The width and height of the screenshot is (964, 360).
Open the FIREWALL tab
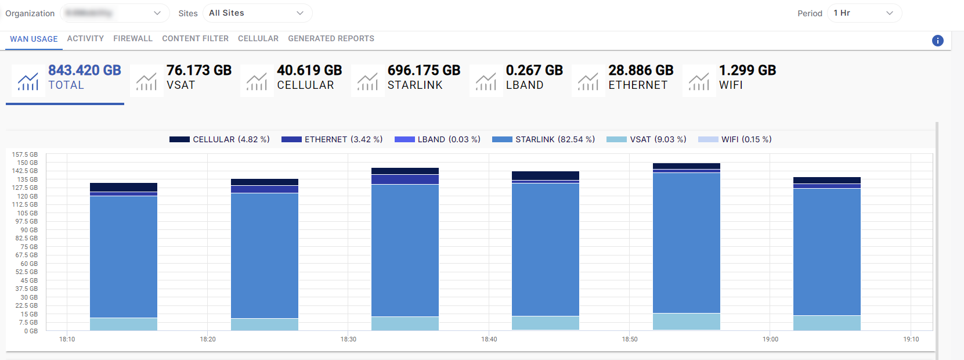(x=133, y=39)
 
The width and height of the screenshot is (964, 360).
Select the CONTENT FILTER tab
(x=195, y=39)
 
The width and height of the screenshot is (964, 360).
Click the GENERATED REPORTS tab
(x=331, y=39)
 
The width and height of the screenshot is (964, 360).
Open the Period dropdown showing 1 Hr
(x=864, y=13)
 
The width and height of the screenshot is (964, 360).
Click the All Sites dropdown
(x=257, y=13)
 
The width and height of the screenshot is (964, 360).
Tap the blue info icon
(x=937, y=41)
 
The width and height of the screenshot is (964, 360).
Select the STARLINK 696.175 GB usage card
(x=409, y=78)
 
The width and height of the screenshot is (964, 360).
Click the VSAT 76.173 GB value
(x=198, y=70)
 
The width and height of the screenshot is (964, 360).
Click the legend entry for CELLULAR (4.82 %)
(x=220, y=139)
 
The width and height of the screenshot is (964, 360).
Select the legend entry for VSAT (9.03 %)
(x=647, y=139)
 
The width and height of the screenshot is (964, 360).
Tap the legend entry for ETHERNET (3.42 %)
(x=332, y=139)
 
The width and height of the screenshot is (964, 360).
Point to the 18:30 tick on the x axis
(x=348, y=339)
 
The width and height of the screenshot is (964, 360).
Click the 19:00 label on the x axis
(x=770, y=339)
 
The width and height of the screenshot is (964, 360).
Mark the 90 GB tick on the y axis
(x=29, y=230)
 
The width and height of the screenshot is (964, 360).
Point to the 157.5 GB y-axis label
(x=25, y=154)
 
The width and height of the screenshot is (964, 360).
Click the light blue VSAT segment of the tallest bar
(x=686, y=321)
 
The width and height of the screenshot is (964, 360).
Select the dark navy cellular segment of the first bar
(x=124, y=187)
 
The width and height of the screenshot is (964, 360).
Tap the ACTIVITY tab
(x=85, y=39)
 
